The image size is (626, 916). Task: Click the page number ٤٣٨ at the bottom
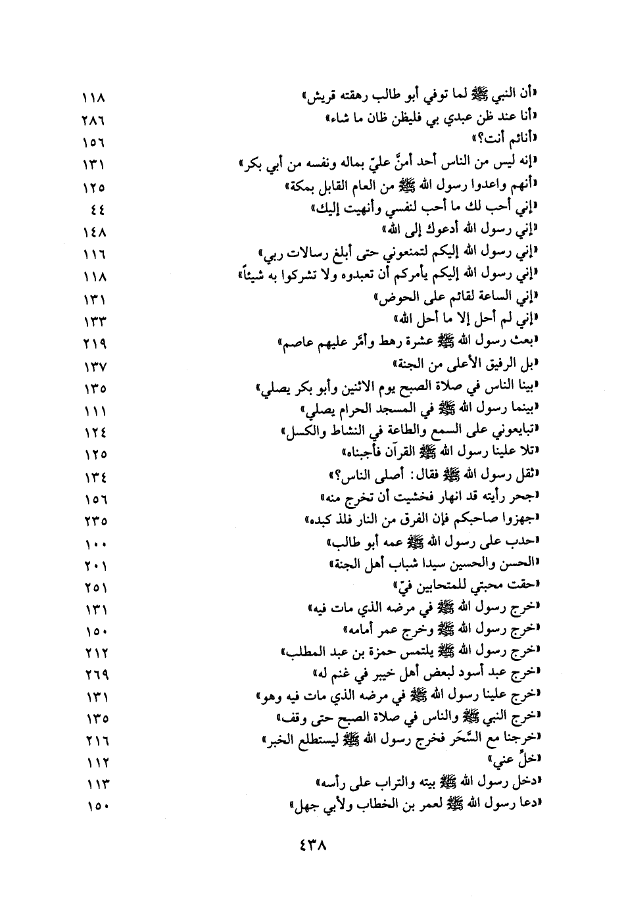coord(312,844)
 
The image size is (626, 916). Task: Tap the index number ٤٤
coord(99,210)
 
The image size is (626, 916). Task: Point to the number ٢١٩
coord(95,343)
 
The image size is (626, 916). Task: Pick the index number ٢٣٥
coord(95,521)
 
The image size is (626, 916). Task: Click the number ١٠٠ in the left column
coord(95,544)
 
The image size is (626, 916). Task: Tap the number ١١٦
coord(95,254)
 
